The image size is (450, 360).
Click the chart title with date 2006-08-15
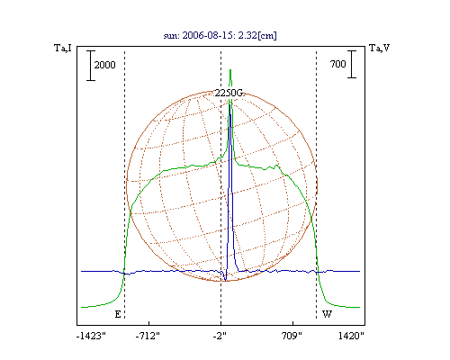click(220, 35)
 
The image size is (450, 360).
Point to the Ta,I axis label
click(63, 48)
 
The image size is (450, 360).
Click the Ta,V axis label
click(379, 48)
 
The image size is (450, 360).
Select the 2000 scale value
click(104, 65)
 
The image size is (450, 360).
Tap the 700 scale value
click(337, 64)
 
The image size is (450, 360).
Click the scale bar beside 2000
click(91, 66)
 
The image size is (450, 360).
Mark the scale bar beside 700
click(352, 64)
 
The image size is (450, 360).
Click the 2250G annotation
click(229, 93)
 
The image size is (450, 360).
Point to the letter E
click(118, 314)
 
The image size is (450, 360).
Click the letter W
click(327, 314)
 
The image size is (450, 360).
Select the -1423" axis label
click(91, 336)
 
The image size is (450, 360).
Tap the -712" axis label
click(148, 336)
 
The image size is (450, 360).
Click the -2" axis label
click(220, 336)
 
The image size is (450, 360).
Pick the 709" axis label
click(292, 336)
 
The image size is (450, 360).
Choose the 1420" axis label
click(351, 336)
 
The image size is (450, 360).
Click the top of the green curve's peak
click(230, 70)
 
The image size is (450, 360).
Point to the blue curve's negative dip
click(225, 280)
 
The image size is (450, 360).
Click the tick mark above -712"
click(148, 323)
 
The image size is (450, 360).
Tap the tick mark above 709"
click(292, 323)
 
